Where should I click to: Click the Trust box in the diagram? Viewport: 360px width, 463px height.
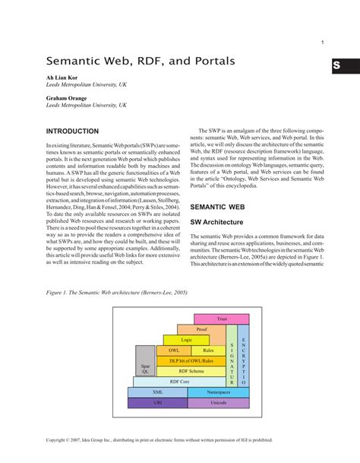[222, 319]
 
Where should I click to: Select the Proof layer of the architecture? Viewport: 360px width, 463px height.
[201, 329]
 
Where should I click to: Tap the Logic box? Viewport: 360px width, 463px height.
[186, 340]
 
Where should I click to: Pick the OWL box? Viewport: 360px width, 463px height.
[174, 350]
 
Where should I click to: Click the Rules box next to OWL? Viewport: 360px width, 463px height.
[208, 350]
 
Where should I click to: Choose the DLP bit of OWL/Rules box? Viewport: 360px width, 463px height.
[189, 360]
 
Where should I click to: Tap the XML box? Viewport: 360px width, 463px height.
[157, 392]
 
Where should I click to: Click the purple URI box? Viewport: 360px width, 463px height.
[157, 402]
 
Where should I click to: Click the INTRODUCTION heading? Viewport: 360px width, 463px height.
[73, 132]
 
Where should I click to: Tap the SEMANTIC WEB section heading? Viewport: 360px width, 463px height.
[217, 206]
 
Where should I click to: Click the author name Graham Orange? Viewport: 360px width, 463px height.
[67, 99]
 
